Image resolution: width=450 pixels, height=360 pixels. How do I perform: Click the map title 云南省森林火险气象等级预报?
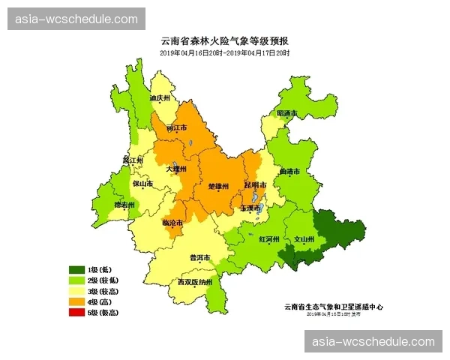click(224, 41)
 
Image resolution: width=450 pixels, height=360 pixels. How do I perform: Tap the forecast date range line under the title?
click(224, 53)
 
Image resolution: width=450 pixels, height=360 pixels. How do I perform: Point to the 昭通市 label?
click(287, 113)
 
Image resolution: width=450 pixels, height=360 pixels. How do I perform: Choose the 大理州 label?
click(176, 169)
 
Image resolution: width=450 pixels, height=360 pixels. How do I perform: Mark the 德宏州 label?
click(124, 205)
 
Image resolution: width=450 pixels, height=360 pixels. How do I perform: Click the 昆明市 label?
click(255, 184)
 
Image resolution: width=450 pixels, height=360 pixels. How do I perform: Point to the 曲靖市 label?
click(289, 172)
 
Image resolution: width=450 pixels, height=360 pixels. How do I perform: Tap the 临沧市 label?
click(172, 223)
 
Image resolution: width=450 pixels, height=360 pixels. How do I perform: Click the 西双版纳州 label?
click(195, 283)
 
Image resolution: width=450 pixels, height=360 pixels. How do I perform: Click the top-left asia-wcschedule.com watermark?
click(76, 19)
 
